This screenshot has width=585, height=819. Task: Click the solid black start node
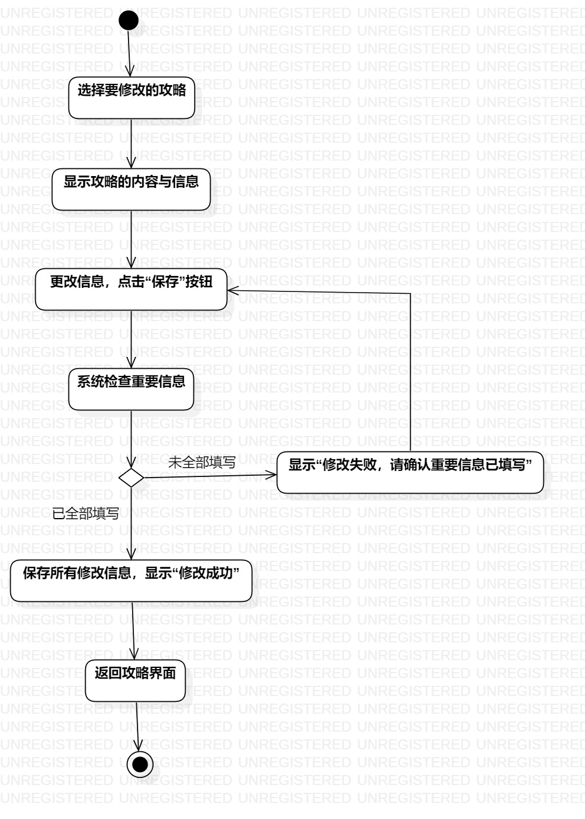129,21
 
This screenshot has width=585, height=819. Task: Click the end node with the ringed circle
140,764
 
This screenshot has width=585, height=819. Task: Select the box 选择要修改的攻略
132,98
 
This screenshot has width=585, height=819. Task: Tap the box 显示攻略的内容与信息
132,190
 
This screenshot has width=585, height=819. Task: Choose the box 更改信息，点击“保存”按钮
131,289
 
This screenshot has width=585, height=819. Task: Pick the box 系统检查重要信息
131,390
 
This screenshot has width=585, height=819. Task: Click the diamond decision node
131,477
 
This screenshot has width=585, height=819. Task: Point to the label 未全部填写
202,462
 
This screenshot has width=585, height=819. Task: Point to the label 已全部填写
86,513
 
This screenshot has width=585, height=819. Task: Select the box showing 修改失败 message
410,472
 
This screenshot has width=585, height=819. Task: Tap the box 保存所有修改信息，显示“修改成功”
131,580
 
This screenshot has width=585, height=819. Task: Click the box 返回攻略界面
136,680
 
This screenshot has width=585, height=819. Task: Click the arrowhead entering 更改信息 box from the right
234,290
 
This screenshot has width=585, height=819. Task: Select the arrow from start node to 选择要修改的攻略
130,54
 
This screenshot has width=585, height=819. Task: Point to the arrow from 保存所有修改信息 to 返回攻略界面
134,630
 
